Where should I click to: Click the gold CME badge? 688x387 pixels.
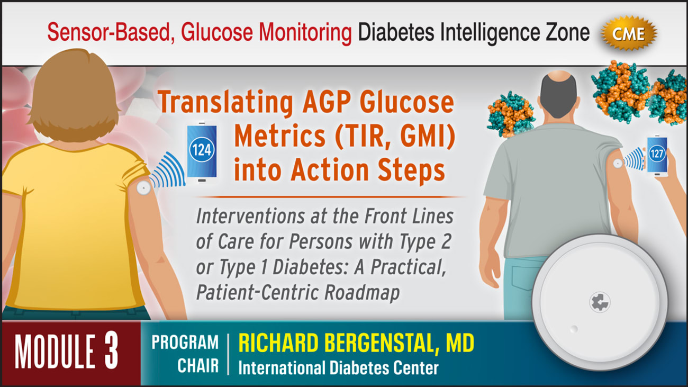point(629,34)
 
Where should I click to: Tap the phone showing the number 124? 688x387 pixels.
point(202,151)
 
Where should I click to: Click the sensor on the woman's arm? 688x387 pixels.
point(143,187)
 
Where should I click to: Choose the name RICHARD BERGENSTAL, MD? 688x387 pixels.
point(356,344)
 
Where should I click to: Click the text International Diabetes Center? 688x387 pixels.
point(338,367)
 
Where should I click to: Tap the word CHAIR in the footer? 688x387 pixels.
point(197,366)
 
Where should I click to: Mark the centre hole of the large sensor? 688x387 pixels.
point(600,302)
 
